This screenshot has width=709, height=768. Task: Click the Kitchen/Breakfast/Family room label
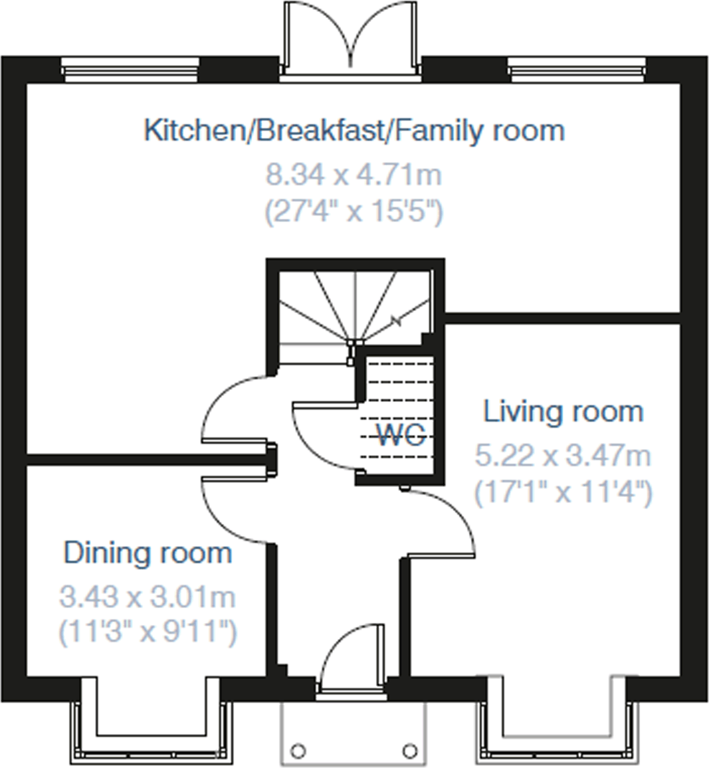[x=354, y=131]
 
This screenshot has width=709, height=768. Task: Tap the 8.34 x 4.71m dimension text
[x=354, y=175]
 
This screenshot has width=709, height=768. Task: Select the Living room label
[x=563, y=412]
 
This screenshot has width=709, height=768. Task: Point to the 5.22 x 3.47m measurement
[x=563, y=456]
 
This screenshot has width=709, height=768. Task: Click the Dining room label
[x=148, y=553]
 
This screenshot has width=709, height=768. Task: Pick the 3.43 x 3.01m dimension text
[x=148, y=597]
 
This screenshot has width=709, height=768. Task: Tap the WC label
[x=401, y=435]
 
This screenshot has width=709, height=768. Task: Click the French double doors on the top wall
[x=350, y=39]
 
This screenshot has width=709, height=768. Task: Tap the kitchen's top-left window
[x=130, y=70]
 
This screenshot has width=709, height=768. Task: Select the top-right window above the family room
[x=576, y=70]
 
